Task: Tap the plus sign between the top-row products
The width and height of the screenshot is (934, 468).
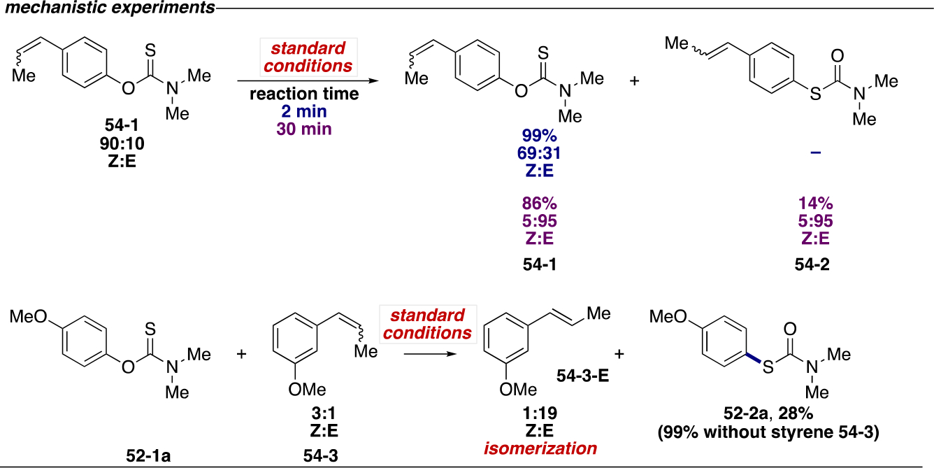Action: (x=635, y=82)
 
